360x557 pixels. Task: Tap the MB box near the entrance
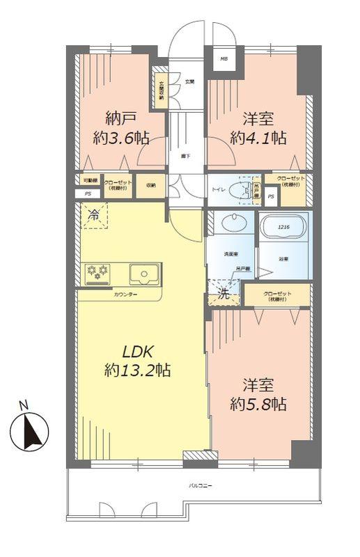(x=224, y=58)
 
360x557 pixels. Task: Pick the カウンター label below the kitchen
(x=125, y=295)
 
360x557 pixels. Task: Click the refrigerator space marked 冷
(x=92, y=216)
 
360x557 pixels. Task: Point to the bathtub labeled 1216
(x=283, y=234)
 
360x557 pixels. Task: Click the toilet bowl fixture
(x=240, y=189)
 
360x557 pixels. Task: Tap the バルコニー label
(x=199, y=485)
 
